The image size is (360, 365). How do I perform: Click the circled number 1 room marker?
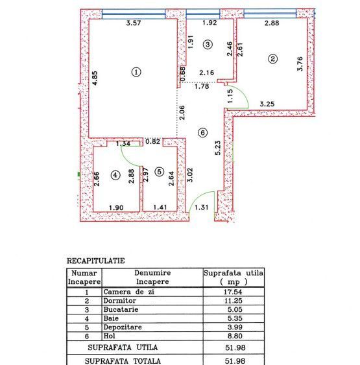[136, 72]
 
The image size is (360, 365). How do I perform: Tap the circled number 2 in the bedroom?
[273, 59]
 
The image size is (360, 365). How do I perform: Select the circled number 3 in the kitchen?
[207, 45]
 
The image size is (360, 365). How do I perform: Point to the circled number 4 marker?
[115, 176]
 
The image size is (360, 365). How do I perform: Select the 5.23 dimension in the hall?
[219, 149]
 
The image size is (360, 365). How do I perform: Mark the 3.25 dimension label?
[267, 104]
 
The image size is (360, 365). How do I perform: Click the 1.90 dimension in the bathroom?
[116, 207]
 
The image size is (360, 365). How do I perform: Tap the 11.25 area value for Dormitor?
[234, 301]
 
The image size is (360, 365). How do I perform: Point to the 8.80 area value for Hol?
[234, 337]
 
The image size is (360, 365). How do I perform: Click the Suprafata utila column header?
[234, 277]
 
